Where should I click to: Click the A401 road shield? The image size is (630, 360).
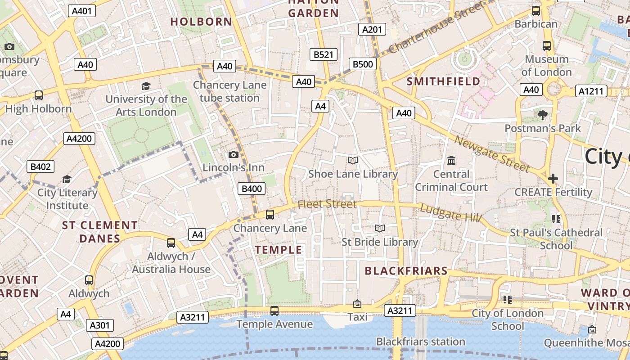click(82, 11)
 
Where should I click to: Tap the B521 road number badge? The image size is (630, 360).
click(324, 55)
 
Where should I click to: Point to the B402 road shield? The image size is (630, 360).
click(40, 167)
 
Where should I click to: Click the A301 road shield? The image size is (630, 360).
click(100, 325)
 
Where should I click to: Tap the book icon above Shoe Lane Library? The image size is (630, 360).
click(353, 161)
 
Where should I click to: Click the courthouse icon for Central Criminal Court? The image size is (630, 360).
click(451, 161)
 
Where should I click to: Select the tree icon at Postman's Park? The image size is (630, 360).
click(543, 115)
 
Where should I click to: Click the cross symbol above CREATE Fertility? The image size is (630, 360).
click(553, 179)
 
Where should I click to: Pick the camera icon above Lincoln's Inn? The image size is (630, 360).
click(233, 155)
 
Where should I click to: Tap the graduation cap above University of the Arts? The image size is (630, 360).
click(146, 86)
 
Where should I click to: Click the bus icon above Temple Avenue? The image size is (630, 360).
click(274, 311)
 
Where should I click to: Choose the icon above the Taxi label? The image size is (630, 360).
click(357, 304)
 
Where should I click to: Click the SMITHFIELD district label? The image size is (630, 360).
click(443, 81)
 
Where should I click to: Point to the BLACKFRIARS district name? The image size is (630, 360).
click(406, 271)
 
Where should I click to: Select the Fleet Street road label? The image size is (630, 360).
click(327, 204)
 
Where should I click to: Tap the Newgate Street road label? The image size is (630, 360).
click(491, 154)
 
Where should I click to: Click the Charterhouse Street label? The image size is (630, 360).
click(437, 27)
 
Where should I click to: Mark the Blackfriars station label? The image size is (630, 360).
click(421, 342)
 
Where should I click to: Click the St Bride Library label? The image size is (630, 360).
click(380, 242)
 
